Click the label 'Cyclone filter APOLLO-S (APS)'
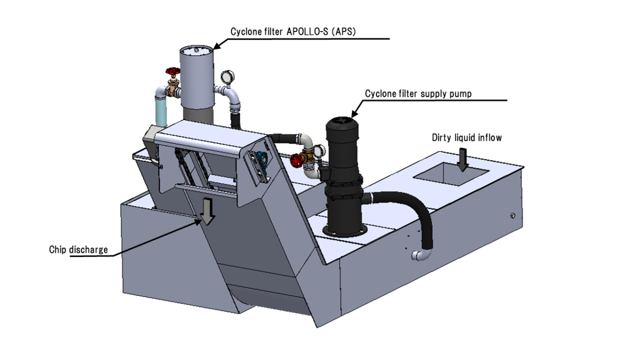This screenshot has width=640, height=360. tap(293, 32)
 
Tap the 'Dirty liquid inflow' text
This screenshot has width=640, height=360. tap(467, 138)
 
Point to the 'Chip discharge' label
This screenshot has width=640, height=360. tap(78, 249)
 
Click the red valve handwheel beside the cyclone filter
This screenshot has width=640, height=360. tap(172, 71)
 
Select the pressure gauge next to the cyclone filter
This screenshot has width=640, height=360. tap(227, 76)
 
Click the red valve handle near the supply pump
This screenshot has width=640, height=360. tap(297, 158)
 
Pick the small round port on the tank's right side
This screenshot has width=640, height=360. tap(513, 215)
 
